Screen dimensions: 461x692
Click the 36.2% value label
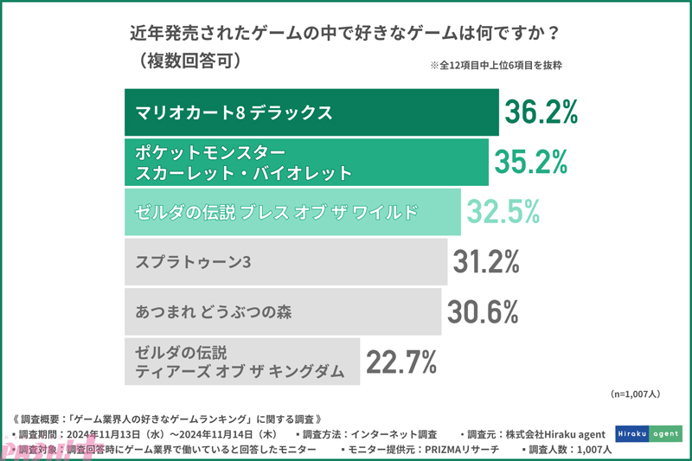[541, 112]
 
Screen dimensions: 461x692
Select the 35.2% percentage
[530, 161]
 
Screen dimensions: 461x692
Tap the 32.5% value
[503, 210]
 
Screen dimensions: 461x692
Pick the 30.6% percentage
[482, 310]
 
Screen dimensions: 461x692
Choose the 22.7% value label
[400, 361]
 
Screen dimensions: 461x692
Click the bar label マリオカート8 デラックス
[234, 112]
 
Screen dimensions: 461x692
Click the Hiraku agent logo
[648, 432]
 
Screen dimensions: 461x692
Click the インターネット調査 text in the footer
[398, 433]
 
